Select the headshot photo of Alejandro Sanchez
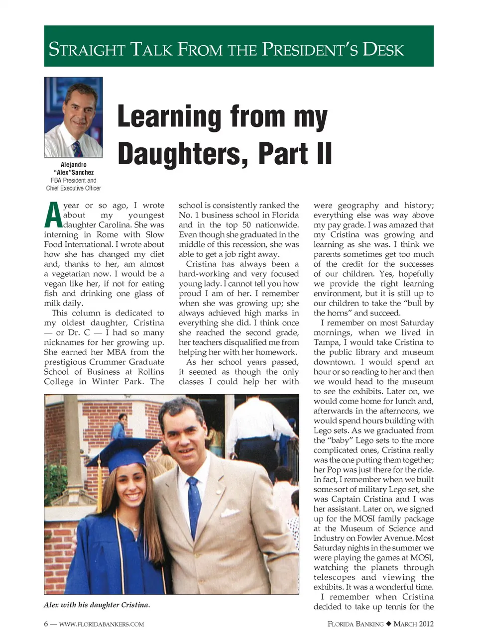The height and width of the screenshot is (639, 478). point(74,117)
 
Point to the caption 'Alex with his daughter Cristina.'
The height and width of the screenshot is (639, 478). point(97,605)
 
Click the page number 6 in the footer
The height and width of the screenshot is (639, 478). point(46,624)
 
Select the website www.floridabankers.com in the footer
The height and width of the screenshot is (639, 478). point(102,624)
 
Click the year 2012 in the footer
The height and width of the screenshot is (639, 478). point(426,624)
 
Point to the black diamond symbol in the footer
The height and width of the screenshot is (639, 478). point(389,624)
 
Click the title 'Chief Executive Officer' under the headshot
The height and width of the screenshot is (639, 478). point(74,188)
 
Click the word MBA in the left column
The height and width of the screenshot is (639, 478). point(117,352)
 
